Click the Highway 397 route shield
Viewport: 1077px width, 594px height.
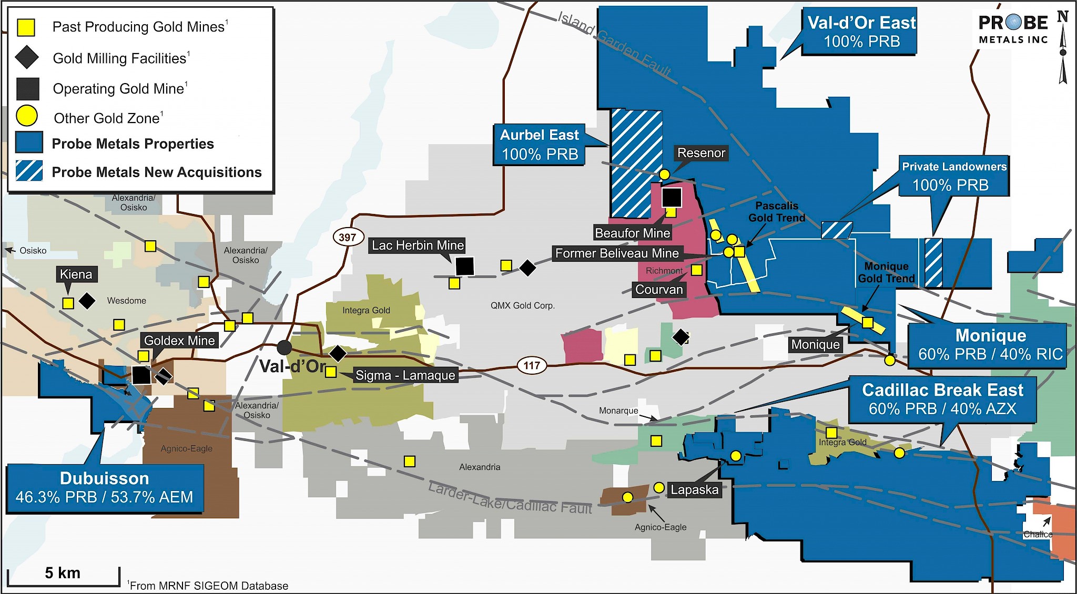point(347,237)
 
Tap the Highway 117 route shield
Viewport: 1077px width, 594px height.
point(531,365)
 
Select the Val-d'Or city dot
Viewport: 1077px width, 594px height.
point(284,347)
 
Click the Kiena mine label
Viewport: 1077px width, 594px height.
point(76,274)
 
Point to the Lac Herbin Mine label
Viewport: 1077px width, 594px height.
point(418,245)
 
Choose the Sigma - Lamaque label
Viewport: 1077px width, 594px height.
point(405,375)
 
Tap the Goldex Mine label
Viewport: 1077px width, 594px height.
point(179,340)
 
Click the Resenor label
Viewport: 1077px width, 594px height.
point(701,153)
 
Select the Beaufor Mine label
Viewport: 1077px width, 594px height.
point(632,233)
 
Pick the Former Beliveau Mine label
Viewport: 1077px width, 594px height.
point(617,253)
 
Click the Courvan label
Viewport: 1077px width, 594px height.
point(659,289)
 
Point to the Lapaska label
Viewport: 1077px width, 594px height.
point(694,489)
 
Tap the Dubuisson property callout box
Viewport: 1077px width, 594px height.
point(105,488)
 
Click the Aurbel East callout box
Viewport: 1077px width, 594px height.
point(540,145)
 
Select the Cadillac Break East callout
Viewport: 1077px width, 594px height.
point(942,399)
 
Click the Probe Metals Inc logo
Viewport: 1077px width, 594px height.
point(1013,29)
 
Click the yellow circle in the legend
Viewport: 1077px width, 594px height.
point(26,116)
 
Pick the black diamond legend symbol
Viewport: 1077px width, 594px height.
point(27,57)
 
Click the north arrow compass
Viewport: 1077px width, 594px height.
point(1063,47)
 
